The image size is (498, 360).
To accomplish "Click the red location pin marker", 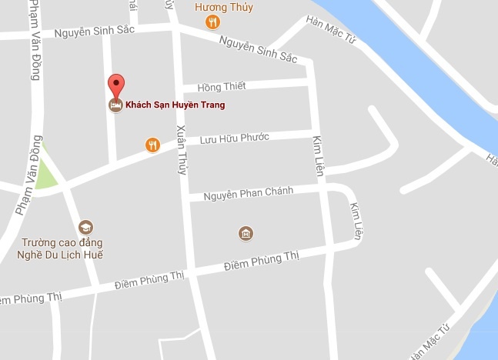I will pos(115,86).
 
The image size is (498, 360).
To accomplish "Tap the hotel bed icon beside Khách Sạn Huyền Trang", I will pos(115,105).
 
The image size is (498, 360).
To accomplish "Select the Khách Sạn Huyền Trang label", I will pos(175,105).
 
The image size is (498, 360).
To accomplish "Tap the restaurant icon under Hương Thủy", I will pos(213,24).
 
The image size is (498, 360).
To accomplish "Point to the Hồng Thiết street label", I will pos(221,87).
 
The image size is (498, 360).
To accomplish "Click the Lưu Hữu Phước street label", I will pos(234,139).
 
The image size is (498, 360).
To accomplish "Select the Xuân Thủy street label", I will pos(182,150).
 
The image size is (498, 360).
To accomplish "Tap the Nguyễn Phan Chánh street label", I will pos(249,193).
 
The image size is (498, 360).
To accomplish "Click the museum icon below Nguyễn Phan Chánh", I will pos(246,233).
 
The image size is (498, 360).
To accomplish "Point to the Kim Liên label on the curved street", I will pos(355,221).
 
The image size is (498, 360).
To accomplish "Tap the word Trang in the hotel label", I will pos(209,105).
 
